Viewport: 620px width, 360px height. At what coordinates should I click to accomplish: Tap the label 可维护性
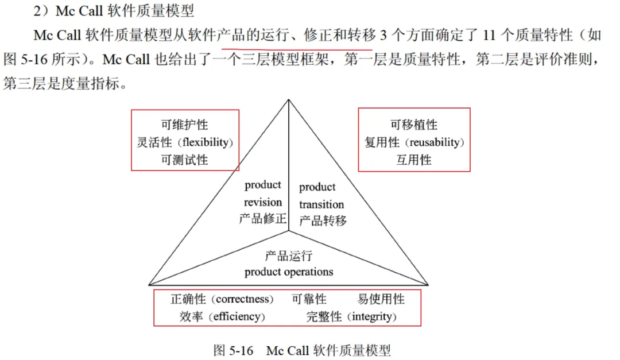point(184,125)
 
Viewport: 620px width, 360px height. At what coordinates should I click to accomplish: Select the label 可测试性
point(184,160)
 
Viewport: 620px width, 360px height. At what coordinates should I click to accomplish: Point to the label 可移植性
point(413,125)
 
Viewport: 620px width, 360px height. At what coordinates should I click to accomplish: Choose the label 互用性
point(413,160)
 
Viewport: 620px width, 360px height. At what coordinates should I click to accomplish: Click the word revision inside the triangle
point(263,202)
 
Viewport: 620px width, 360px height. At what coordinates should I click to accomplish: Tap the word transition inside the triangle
point(321,204)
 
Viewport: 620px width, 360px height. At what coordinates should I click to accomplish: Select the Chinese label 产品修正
point(263,219)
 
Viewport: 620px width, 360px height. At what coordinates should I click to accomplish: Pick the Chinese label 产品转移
point(323,220)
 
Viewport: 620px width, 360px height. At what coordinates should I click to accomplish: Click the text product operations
point(289,272)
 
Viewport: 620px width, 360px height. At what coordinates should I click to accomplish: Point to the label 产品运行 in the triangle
point(289,256)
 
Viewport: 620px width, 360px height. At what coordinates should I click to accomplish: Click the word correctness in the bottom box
point(243,299)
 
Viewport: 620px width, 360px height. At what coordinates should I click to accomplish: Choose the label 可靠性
point(309,299)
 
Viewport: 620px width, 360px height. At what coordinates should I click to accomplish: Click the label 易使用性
point(381,299)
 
